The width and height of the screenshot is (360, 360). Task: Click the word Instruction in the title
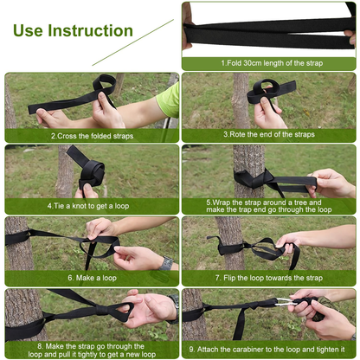pyautogui.click(x=90, y=30)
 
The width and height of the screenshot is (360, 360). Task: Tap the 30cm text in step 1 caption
pyautogui.click(x=252, y=63)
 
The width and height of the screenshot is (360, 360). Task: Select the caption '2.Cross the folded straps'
pyautogui.click(x=93, y=136)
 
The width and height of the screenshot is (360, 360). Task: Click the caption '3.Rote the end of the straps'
pyautogui.click(x=269, y=134)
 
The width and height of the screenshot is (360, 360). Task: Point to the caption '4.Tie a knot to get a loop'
pyautogui.click(x=88, y=206)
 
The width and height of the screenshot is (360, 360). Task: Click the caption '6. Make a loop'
pyautogui.click(x=92, y=278)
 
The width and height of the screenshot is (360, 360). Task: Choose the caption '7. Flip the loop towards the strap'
pyautogui.click(x=269, y=278)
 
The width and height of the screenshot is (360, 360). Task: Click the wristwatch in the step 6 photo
pyautogui.click(x=166, y=263)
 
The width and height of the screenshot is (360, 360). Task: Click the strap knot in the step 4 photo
pyautogui.click(x=91, y=174)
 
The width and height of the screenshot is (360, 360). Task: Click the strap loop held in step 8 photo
pyautogui.click(x=119, y=310)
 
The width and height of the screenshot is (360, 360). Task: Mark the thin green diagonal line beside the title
pyautogui.click(x=133, y=42)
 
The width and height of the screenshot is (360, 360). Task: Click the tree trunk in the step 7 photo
pyautogui.click(x=228, y=243)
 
